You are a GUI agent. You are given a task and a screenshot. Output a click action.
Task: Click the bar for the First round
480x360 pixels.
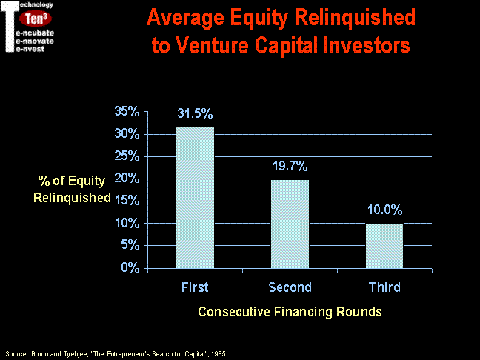coord(195,198)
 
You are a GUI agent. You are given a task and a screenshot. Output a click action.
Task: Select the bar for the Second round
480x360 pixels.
coord(290,224)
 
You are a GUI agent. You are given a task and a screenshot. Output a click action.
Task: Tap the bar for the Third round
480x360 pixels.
coord(384,246)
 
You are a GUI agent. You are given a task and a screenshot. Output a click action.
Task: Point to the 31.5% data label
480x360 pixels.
coord(195,113)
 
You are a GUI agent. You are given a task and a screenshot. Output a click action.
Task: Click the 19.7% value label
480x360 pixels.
coord(290,166)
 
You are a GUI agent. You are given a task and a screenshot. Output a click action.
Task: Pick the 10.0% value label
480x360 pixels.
coord(384,210)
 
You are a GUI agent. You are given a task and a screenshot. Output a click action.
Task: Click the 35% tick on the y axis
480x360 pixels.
coord(127,111)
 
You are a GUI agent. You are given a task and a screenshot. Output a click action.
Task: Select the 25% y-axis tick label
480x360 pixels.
coord(127,156)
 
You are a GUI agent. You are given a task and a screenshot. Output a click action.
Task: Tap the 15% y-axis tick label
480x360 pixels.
coord(127,201)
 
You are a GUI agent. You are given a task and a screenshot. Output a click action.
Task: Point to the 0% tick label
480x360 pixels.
coord(130,267)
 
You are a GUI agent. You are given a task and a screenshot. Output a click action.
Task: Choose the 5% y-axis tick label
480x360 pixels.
coord(130,245)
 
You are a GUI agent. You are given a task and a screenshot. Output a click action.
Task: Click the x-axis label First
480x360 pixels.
coord(195,287)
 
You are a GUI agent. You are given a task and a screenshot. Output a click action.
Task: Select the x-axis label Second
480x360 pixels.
coord(290,287)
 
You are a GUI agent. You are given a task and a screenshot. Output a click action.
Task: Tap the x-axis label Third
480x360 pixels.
coord(384,287)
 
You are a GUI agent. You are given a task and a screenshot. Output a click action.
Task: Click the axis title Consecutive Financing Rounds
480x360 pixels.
coord(290,312)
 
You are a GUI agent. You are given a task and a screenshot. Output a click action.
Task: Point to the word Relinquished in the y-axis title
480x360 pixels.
coord(72,198)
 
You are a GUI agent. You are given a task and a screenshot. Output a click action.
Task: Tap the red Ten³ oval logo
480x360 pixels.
coord(36,19)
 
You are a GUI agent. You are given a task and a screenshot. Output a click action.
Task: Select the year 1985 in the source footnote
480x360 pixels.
coord(219,354)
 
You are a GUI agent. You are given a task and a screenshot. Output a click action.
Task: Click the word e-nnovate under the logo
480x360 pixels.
coord(35,41)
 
